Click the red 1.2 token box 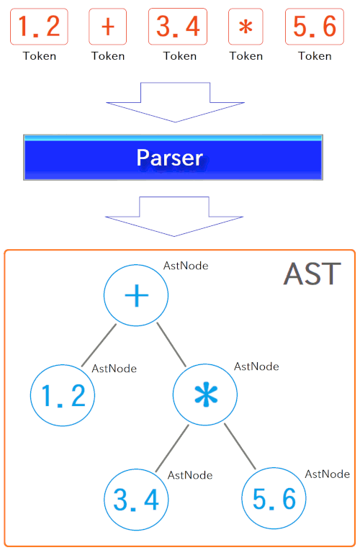pos(39,27)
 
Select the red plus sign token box pos(108,27)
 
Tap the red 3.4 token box pos(178,27)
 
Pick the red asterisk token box pos(246,27)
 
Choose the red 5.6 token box pos(315,27)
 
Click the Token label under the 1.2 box pos(40,56)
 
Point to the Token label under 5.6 pos(315,56)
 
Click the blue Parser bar pos(173,157)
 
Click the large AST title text pos(312,274)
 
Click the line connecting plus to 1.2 pos(99,345)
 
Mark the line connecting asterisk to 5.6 pos(240,446)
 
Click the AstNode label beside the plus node pos(186,266)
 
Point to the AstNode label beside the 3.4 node pos(190,475)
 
